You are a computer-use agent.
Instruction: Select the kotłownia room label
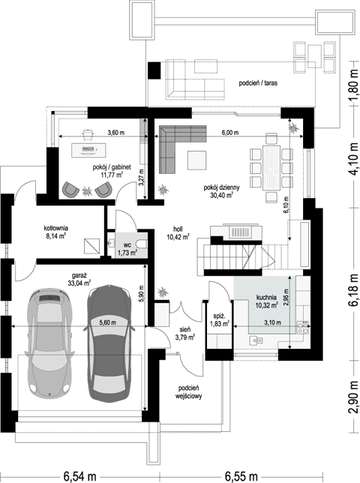pos(55,228)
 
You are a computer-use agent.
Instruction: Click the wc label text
pos(127,245)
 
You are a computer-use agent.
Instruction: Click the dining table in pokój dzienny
pos(271,167)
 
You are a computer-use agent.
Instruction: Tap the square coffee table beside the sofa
pos(196,160)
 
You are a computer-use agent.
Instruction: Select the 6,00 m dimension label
pos(230,133)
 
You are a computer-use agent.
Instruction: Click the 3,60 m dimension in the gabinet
pos(115,133)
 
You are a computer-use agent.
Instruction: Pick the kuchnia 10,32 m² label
pos(267,301)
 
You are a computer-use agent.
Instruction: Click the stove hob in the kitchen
pos(303,328)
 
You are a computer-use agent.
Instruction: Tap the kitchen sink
pos(256,340)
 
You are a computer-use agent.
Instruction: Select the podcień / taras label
pos(258,83)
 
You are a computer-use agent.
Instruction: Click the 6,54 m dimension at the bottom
pos(80,476)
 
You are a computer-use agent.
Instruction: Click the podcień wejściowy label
pos(189,392)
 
